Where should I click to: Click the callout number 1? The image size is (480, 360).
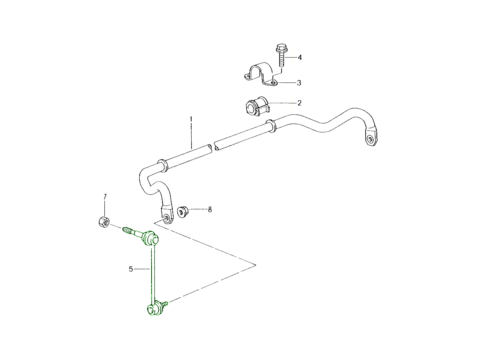pos(191,119)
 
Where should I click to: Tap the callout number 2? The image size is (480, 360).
pos(299,103)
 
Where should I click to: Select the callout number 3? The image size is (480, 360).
pos(299,83)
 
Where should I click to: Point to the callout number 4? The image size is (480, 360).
pos(300,58)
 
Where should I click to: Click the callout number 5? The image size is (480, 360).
pos(131,269)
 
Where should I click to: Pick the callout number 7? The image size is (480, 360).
pos(105,197)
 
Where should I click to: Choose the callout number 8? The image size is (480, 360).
pos(210,210)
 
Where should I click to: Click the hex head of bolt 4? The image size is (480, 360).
pos(282,48)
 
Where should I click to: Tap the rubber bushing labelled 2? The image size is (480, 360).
pos(256,106)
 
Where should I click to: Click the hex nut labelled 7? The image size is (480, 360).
pos(104,222)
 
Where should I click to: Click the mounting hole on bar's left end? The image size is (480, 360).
pos(166,218)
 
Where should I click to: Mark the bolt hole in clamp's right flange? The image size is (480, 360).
pos(273,83)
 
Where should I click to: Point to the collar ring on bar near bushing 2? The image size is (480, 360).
pos(271,126)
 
